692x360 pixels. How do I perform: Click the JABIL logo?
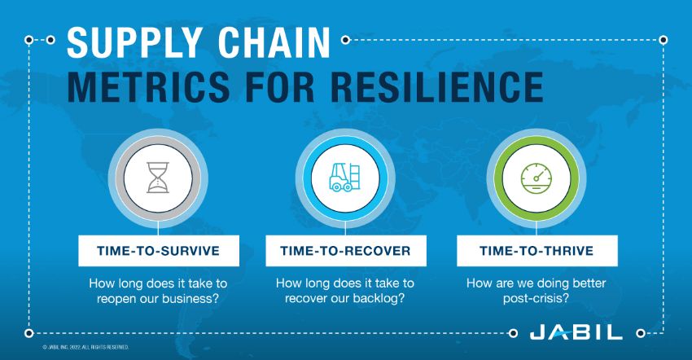click(576, 333)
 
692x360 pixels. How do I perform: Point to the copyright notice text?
click(85, 347)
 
